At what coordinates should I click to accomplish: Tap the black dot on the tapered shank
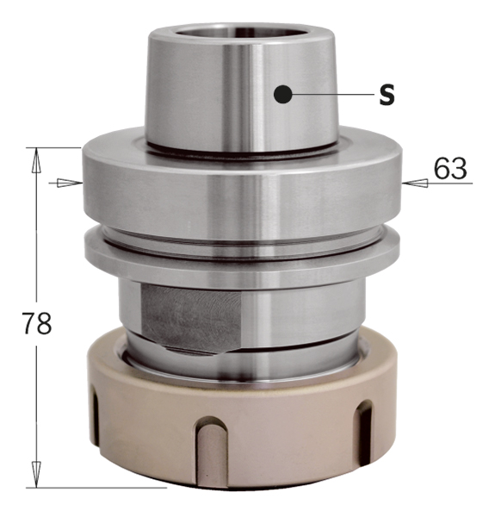pos(281,94)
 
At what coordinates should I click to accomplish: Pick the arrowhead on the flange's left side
pos(72,183)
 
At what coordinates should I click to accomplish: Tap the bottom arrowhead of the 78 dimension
pos(37,477)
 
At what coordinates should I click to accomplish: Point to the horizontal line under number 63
pos(448,183)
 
